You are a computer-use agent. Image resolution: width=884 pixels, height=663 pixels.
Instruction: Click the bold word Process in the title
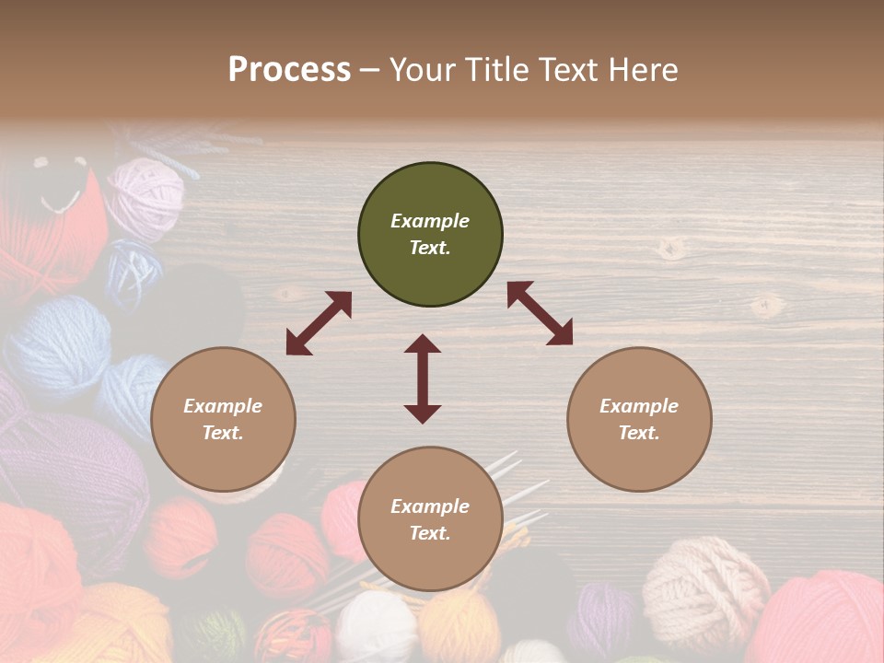(x=289, y=70)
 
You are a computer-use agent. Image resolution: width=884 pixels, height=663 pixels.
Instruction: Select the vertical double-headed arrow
(x=423, y=378)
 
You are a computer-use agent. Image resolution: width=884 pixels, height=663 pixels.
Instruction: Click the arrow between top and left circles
(x=319, y=323)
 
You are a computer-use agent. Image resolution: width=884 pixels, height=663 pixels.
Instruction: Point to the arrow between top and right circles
(x=540, y=314)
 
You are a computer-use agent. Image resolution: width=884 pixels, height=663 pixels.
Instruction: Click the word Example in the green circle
(x=430, y=221)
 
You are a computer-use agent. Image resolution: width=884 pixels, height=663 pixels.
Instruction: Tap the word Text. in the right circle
(x=639, y=433)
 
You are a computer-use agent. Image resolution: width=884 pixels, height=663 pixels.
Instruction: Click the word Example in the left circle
(x=223, y=406)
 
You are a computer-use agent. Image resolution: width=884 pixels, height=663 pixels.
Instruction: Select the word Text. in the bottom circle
(x=430, y=533)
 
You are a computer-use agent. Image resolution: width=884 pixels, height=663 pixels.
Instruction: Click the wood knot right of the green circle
(x=672, y=247)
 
